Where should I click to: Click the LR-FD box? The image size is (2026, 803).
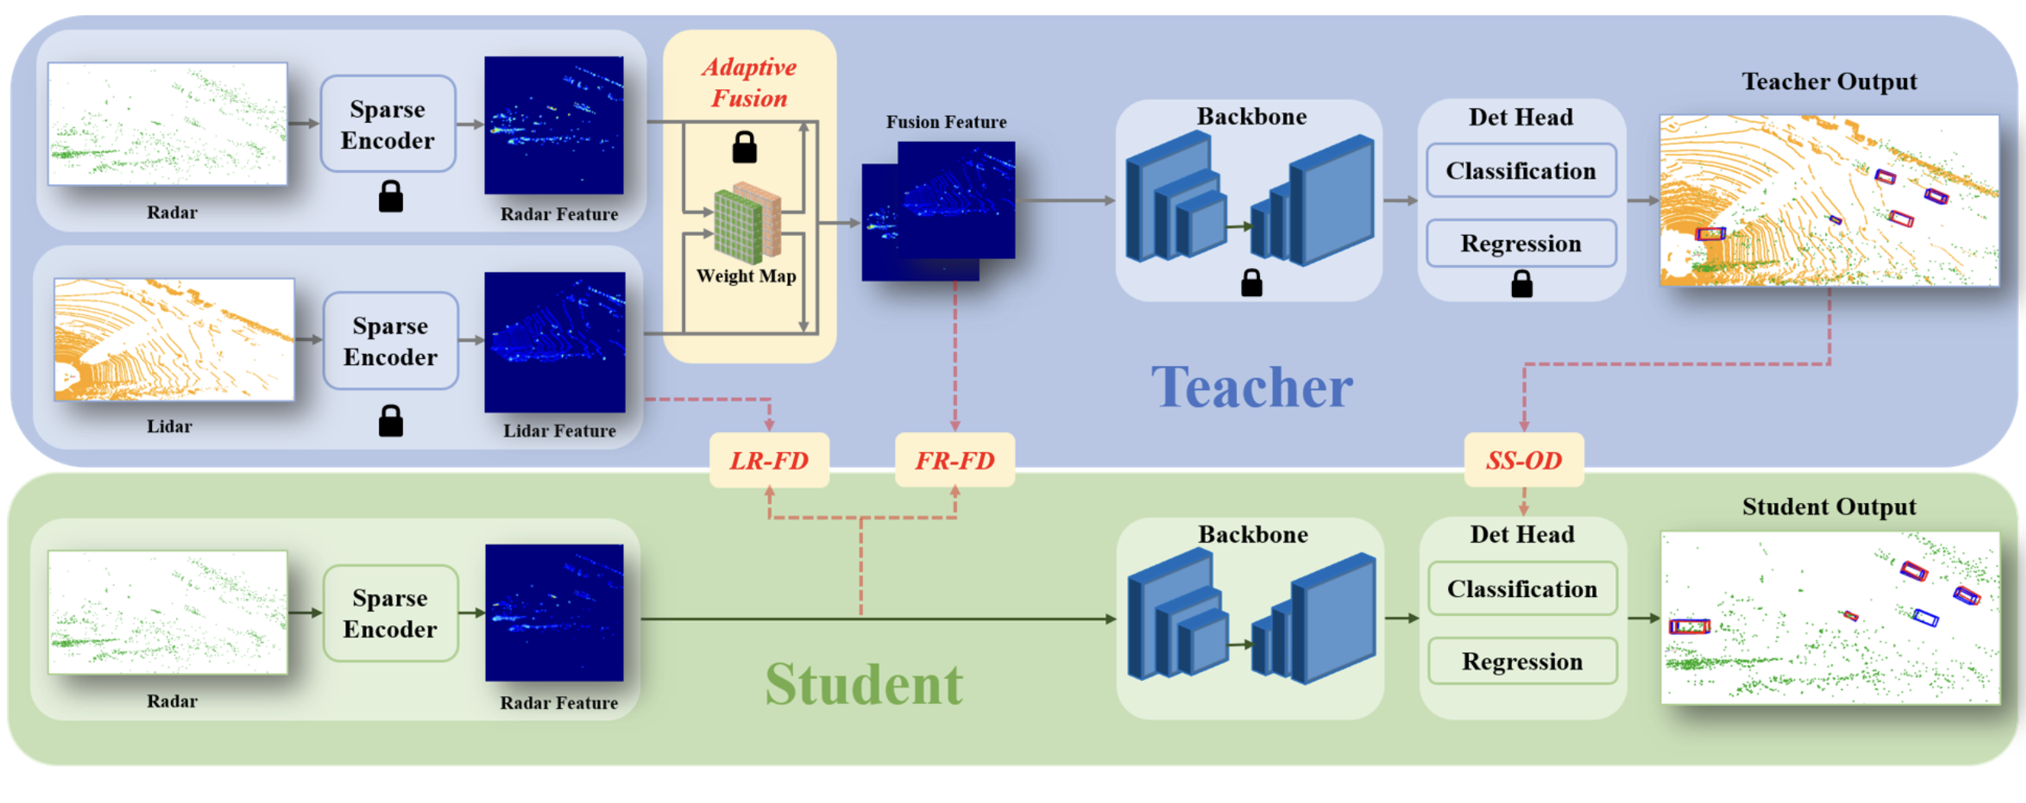768,460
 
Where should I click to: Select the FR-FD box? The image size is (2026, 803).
955,460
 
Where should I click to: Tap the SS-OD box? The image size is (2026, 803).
1524,460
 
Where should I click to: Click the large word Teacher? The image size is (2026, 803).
1252,388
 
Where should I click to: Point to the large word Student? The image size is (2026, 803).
864,684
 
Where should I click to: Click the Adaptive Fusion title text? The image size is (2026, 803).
748,82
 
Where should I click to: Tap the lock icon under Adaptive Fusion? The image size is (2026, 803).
744,147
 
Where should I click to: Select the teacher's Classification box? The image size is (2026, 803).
1520,171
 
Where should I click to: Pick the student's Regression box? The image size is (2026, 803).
1522,662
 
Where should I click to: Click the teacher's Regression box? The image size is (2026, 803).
1520,243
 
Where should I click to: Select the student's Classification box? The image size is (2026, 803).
1522,589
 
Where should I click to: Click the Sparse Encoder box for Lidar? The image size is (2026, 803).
390,341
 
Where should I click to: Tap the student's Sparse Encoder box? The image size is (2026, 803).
390,614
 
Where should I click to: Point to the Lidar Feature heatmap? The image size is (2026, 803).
554,342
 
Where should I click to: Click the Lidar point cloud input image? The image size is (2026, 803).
174,340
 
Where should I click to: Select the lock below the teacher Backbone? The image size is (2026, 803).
1252,283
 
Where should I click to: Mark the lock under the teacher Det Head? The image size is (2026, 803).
1521,284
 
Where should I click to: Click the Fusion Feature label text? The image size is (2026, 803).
945,122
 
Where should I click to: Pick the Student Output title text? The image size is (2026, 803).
1828,507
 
